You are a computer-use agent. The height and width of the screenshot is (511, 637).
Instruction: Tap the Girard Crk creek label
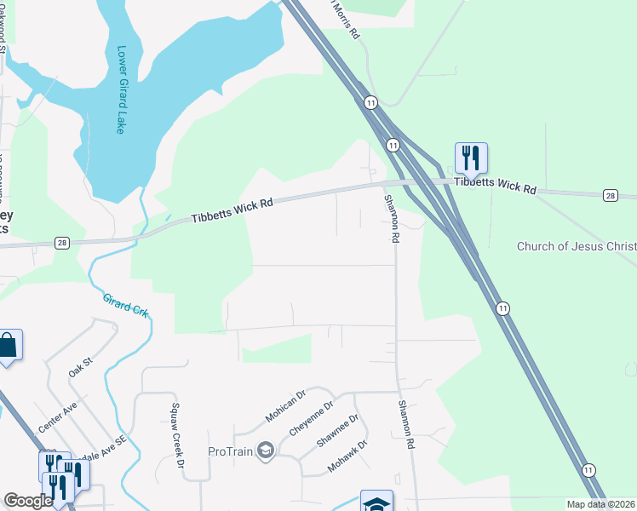pos(126,305)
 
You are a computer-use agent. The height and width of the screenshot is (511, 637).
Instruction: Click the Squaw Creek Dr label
pos(177,435)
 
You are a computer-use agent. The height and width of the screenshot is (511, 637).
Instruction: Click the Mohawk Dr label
pos(347,457)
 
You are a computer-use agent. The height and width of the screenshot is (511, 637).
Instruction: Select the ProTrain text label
pos(231,451)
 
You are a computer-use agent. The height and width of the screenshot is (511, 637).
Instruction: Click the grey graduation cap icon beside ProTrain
pos(265,451)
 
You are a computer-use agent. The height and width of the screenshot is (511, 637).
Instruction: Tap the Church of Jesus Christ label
pos(577,247)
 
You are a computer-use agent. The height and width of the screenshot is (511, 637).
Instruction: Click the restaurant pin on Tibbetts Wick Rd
pos(471,158)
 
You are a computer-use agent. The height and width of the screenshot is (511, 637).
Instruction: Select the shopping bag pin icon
pos(8,345)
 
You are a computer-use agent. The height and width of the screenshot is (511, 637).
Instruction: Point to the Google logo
pos(28,501)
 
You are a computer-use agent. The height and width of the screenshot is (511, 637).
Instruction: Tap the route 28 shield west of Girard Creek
pos(63,243)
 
